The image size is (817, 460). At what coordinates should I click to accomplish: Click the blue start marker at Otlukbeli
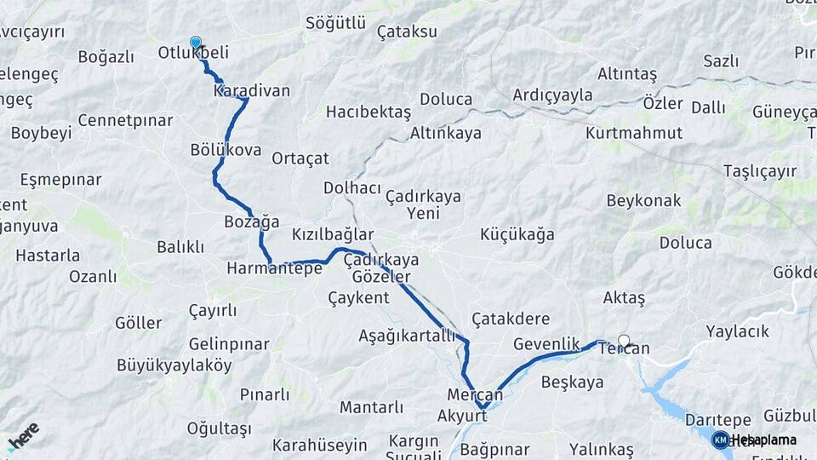(x=196, y=42)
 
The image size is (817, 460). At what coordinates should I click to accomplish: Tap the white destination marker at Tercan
(x=624, y=341)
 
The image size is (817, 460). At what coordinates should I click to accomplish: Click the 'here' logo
(x=23, y=436)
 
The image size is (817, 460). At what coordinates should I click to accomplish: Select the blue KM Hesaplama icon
(x=720, y=440)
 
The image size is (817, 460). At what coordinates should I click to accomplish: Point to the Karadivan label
(x=252, y=90)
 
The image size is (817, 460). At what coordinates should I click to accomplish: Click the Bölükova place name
(x=226, y=150)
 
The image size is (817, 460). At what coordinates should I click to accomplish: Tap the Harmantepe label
(x=274, y=268)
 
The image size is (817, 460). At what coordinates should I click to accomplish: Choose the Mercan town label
(x=475, y=395)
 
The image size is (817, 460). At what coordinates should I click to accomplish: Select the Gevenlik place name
(x=546, y=343)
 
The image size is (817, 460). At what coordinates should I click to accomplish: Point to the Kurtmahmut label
(x=634, y=133)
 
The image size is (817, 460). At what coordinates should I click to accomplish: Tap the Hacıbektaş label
(x=369, y=112)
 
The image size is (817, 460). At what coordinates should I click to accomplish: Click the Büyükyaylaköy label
(x=174, y=365)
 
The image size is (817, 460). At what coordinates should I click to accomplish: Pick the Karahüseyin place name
(x=319, y=445)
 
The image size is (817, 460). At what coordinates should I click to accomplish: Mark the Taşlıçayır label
(x=760, y=171)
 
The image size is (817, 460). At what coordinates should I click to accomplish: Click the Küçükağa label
(x=517, y=234)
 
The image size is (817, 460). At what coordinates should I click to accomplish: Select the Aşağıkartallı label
(x=407, y=335)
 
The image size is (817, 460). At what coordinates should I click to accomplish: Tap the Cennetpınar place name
(x=125, y=120)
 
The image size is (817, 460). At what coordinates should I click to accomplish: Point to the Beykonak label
(x=643, y=201)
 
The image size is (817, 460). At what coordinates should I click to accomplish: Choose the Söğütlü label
(x=335, y=23)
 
